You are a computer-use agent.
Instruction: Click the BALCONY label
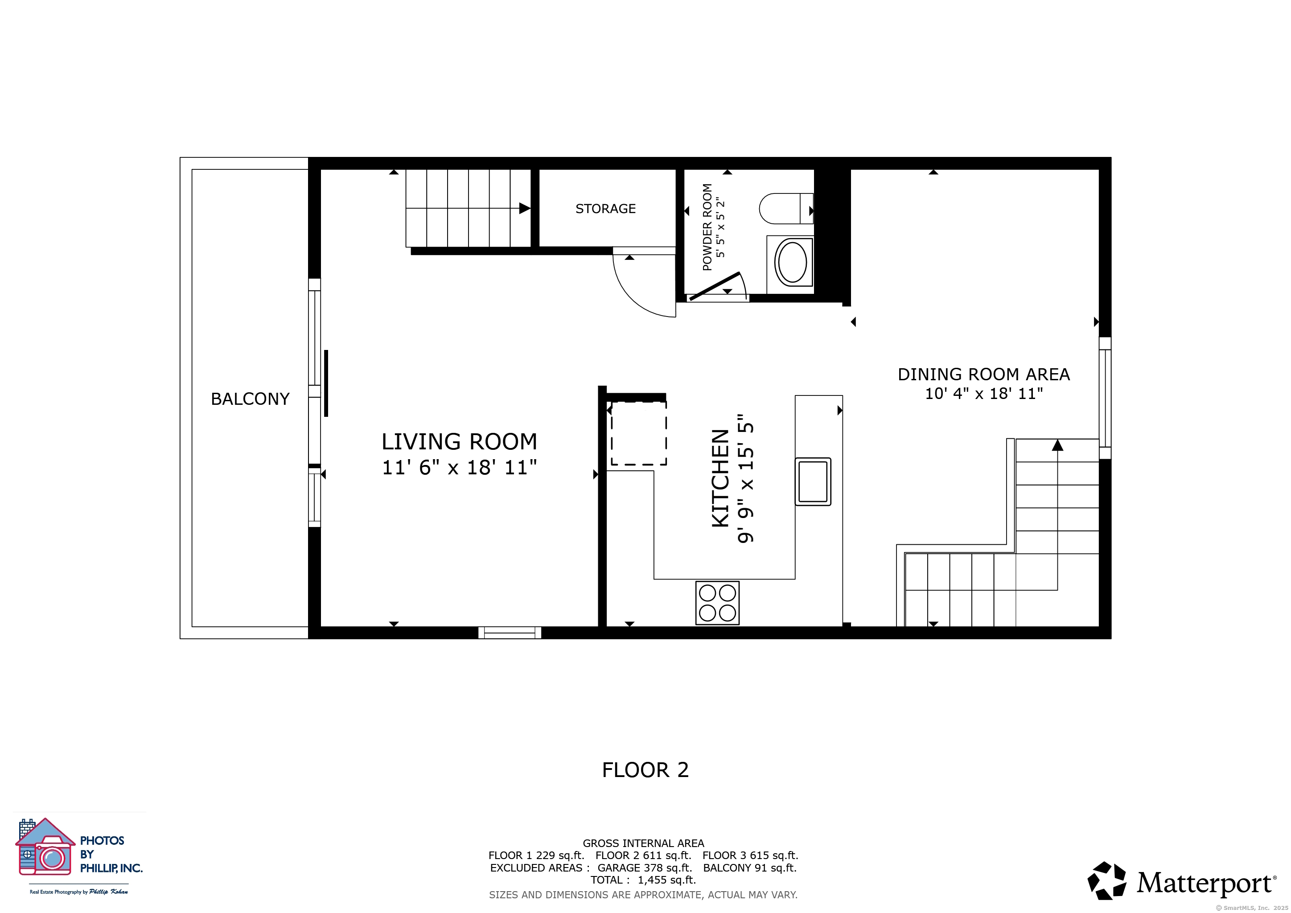pyautogui.click(x=250, y=399)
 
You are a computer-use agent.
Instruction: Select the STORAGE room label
pyautogui.click(x=605, y=209)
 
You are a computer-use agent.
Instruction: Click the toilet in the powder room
pyautogui.click(x=786, y=209)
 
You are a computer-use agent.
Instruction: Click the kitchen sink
pyautogui.click(x=813, y=481)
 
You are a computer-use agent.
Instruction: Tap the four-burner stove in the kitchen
pyautogui.click(x=717, y=603)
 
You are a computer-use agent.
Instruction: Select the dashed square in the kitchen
pyautogui.click(x=639, y=433)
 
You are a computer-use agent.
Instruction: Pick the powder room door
pyautogui.click(x=715, y=287)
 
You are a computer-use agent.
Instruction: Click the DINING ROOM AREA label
pyautogui.click(x=983, y=374)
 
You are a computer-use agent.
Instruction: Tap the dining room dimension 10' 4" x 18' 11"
pyautogui.click(x=983, y=394)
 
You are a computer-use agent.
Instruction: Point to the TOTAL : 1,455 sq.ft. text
pyautogui.click(x=643, y=880)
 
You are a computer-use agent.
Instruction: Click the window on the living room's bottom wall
pyautogui.click(x=510, y=633)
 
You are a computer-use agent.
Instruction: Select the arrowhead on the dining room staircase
pyautogui.click(x=1058, y=445)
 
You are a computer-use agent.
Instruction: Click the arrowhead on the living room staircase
pyautogui.click(x=525, y=209)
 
